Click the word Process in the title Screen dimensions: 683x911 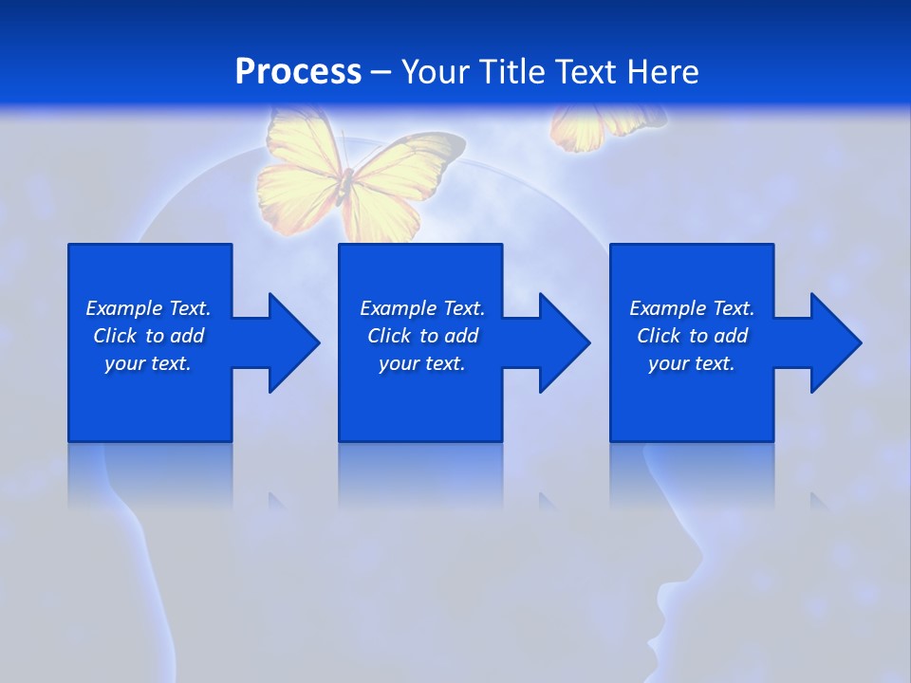point(298,72)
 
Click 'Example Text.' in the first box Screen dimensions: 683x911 point(148,308)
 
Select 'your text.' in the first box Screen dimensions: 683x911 point(148,363)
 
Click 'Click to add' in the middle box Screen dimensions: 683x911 point(422,336)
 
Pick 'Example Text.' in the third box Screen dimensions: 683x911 point(692,308)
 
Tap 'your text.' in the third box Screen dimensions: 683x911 point(692,363)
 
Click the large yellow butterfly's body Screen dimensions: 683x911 point(347,184)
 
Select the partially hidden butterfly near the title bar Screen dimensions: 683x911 point(598,128)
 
